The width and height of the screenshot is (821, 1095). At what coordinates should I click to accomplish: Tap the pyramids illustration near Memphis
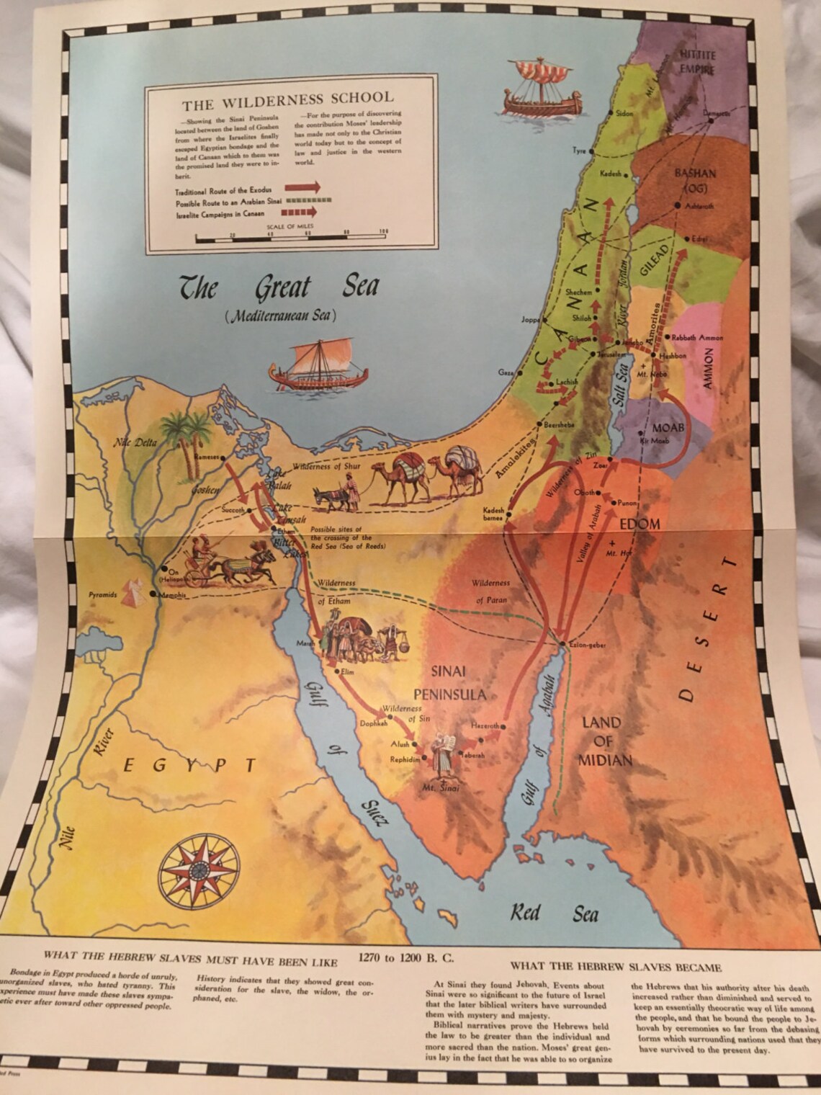tap(131, 592)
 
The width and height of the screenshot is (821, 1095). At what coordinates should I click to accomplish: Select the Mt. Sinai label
tap(441, 787)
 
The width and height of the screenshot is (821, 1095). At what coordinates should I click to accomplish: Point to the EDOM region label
tap(639, 524)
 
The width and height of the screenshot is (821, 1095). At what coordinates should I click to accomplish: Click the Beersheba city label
tap(559, 424)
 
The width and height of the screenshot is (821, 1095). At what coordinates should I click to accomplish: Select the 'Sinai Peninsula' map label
tap(449, 682)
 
